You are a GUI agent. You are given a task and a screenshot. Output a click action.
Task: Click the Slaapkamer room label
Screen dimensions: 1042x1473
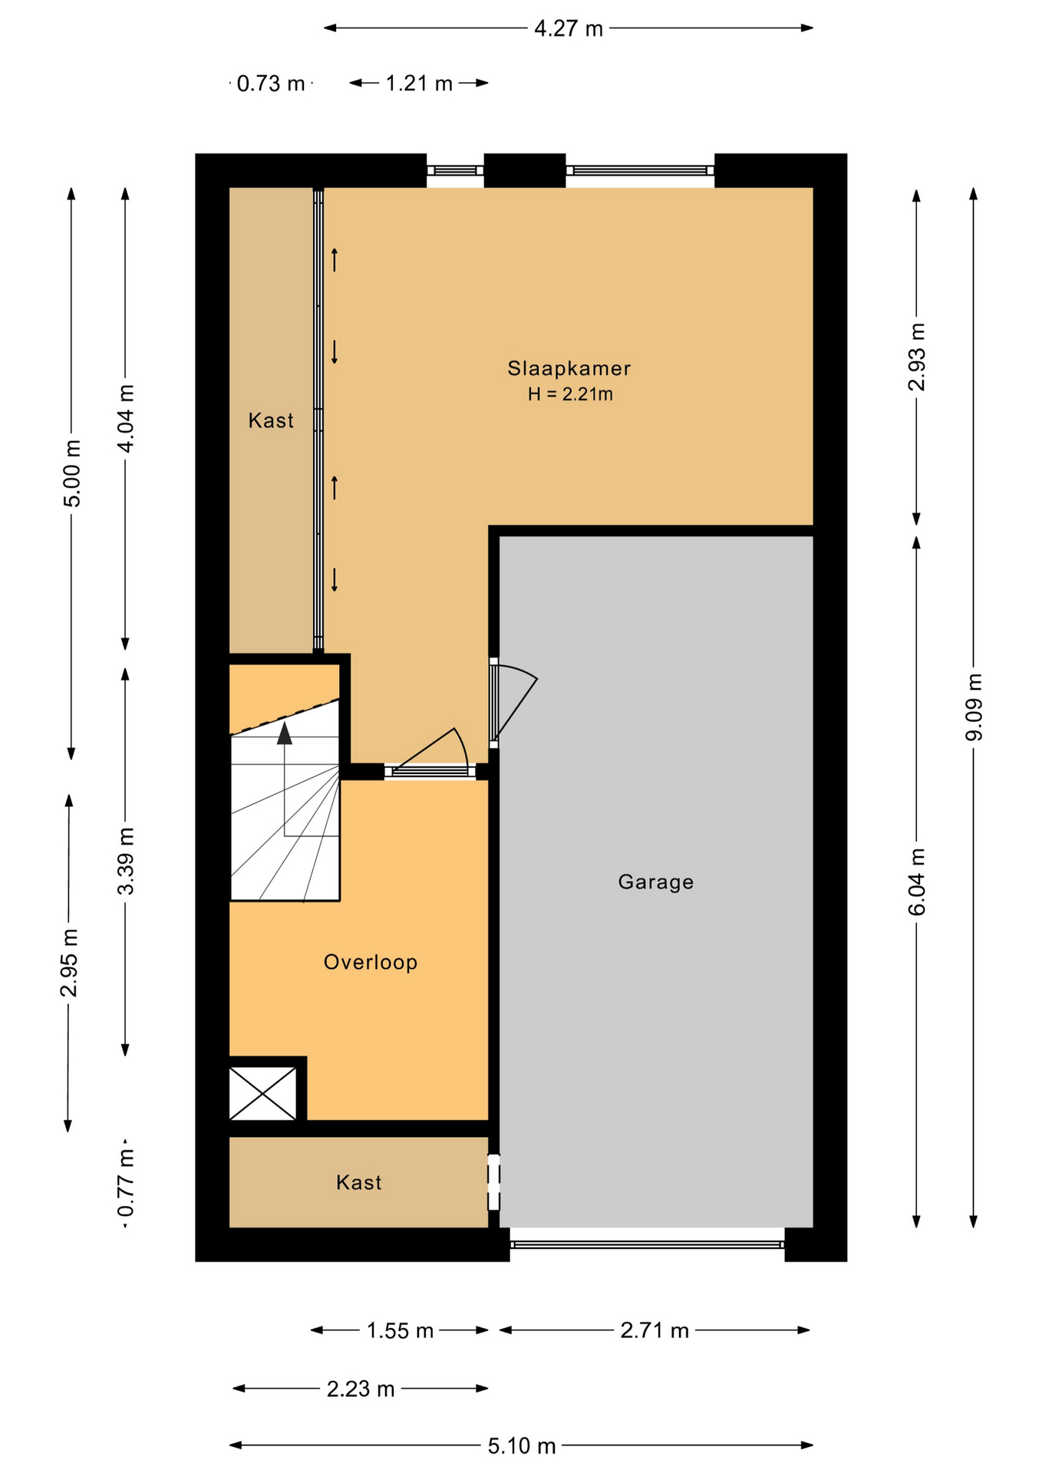(x=569, y=368)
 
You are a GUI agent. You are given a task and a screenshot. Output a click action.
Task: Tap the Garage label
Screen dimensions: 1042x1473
(x=656, y=882)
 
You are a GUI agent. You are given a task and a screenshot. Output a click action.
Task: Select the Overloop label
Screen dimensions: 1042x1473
(x=371, y=962)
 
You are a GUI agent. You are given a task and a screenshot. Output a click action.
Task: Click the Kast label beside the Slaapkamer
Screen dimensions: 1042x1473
(x=271, y=420)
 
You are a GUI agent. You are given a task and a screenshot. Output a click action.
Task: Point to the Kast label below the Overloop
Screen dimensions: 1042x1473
(x=359, y=1182)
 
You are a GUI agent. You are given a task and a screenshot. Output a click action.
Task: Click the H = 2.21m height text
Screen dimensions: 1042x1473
(x=570, y=394)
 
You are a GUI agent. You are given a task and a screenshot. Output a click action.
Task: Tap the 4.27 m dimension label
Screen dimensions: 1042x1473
(x=569, y=29)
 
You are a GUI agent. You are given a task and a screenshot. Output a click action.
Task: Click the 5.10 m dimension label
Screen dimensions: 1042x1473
(x=522, y=1446)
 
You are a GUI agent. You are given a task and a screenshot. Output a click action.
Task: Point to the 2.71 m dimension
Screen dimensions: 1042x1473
(x=655, y=1330)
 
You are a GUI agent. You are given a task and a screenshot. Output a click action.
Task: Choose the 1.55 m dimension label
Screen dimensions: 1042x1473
(x=400, y=1330)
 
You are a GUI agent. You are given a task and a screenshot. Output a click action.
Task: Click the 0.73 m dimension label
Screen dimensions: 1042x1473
(x=271, y=84)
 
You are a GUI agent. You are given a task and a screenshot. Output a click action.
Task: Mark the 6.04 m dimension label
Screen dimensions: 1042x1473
(x=917, y=882)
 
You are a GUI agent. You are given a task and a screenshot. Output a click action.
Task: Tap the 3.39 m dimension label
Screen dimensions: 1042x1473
(x=126, y=862)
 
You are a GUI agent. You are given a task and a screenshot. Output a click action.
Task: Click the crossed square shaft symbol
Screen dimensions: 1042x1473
(x=263, y=1093)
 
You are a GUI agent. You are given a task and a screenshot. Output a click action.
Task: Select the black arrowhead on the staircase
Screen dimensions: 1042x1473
(x=285, y=733)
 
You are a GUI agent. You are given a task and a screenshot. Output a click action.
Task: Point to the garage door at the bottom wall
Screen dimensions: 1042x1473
(x=647, y=1244)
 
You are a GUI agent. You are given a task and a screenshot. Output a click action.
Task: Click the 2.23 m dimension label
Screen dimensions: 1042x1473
(x=361, y=1389)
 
